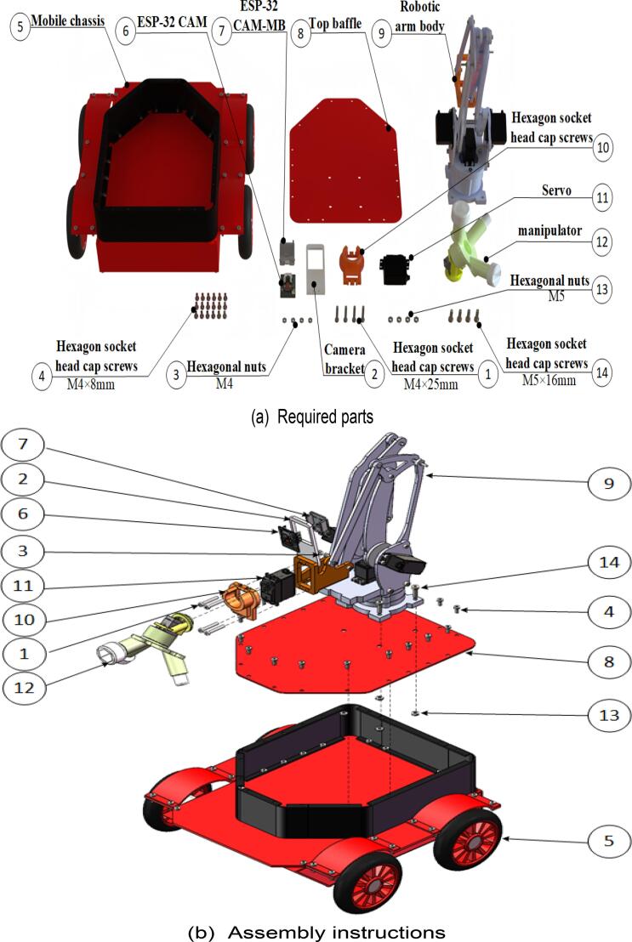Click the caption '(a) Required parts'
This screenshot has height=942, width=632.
[x=315, y=417]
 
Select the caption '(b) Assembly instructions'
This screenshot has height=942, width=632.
[x=316, y=931]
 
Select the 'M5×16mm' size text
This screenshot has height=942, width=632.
[x=549, y=380]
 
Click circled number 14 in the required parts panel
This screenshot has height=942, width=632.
[x=601, y=374]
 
